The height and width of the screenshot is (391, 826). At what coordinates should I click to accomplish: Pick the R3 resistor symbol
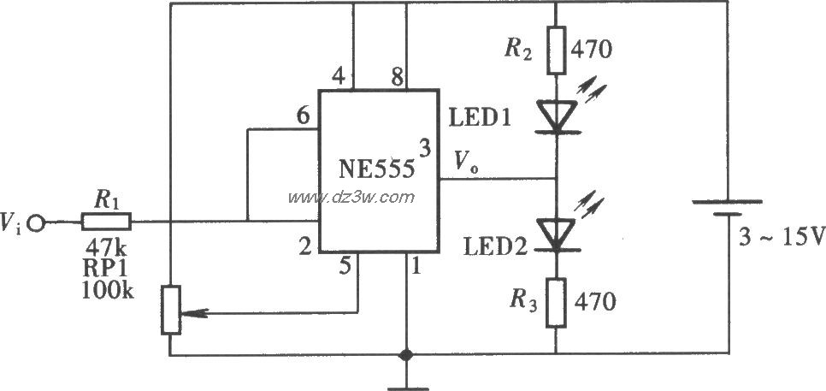556,301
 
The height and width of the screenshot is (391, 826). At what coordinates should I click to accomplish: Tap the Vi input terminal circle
36,224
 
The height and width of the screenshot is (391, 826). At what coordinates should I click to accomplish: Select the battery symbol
726,210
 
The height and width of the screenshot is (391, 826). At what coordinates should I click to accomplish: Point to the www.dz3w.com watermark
351,198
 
